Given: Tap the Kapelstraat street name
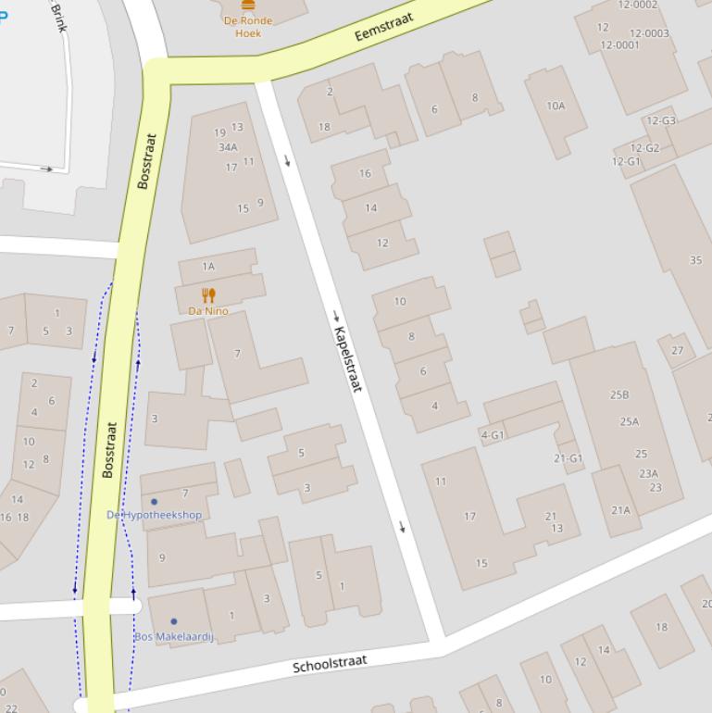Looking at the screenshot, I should point(346,359).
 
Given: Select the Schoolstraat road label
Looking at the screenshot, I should point(330,664).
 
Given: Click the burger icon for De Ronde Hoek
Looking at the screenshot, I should point(247,5).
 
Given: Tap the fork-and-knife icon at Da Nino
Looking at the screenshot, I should point(208,295).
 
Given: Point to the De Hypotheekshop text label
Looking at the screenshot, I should point(154,515).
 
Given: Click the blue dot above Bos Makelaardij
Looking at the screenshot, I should point(173,621).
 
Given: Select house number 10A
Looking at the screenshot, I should point(556,106).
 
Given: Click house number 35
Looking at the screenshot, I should point(695,261).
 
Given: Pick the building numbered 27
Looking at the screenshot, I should point(678,350).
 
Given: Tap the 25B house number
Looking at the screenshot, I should point(619,395).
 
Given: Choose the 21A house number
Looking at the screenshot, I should point(620,510).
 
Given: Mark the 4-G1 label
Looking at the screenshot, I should point(493,435).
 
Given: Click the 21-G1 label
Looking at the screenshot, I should point(568,458).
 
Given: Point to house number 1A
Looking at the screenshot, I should point(208,267).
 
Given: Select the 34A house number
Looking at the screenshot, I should point(228,147).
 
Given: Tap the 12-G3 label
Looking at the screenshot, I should point(661,121).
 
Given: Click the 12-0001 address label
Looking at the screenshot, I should point(619,45).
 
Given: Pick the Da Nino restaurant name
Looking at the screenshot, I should point(208,311).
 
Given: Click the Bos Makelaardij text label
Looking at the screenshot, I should point(174,637).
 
